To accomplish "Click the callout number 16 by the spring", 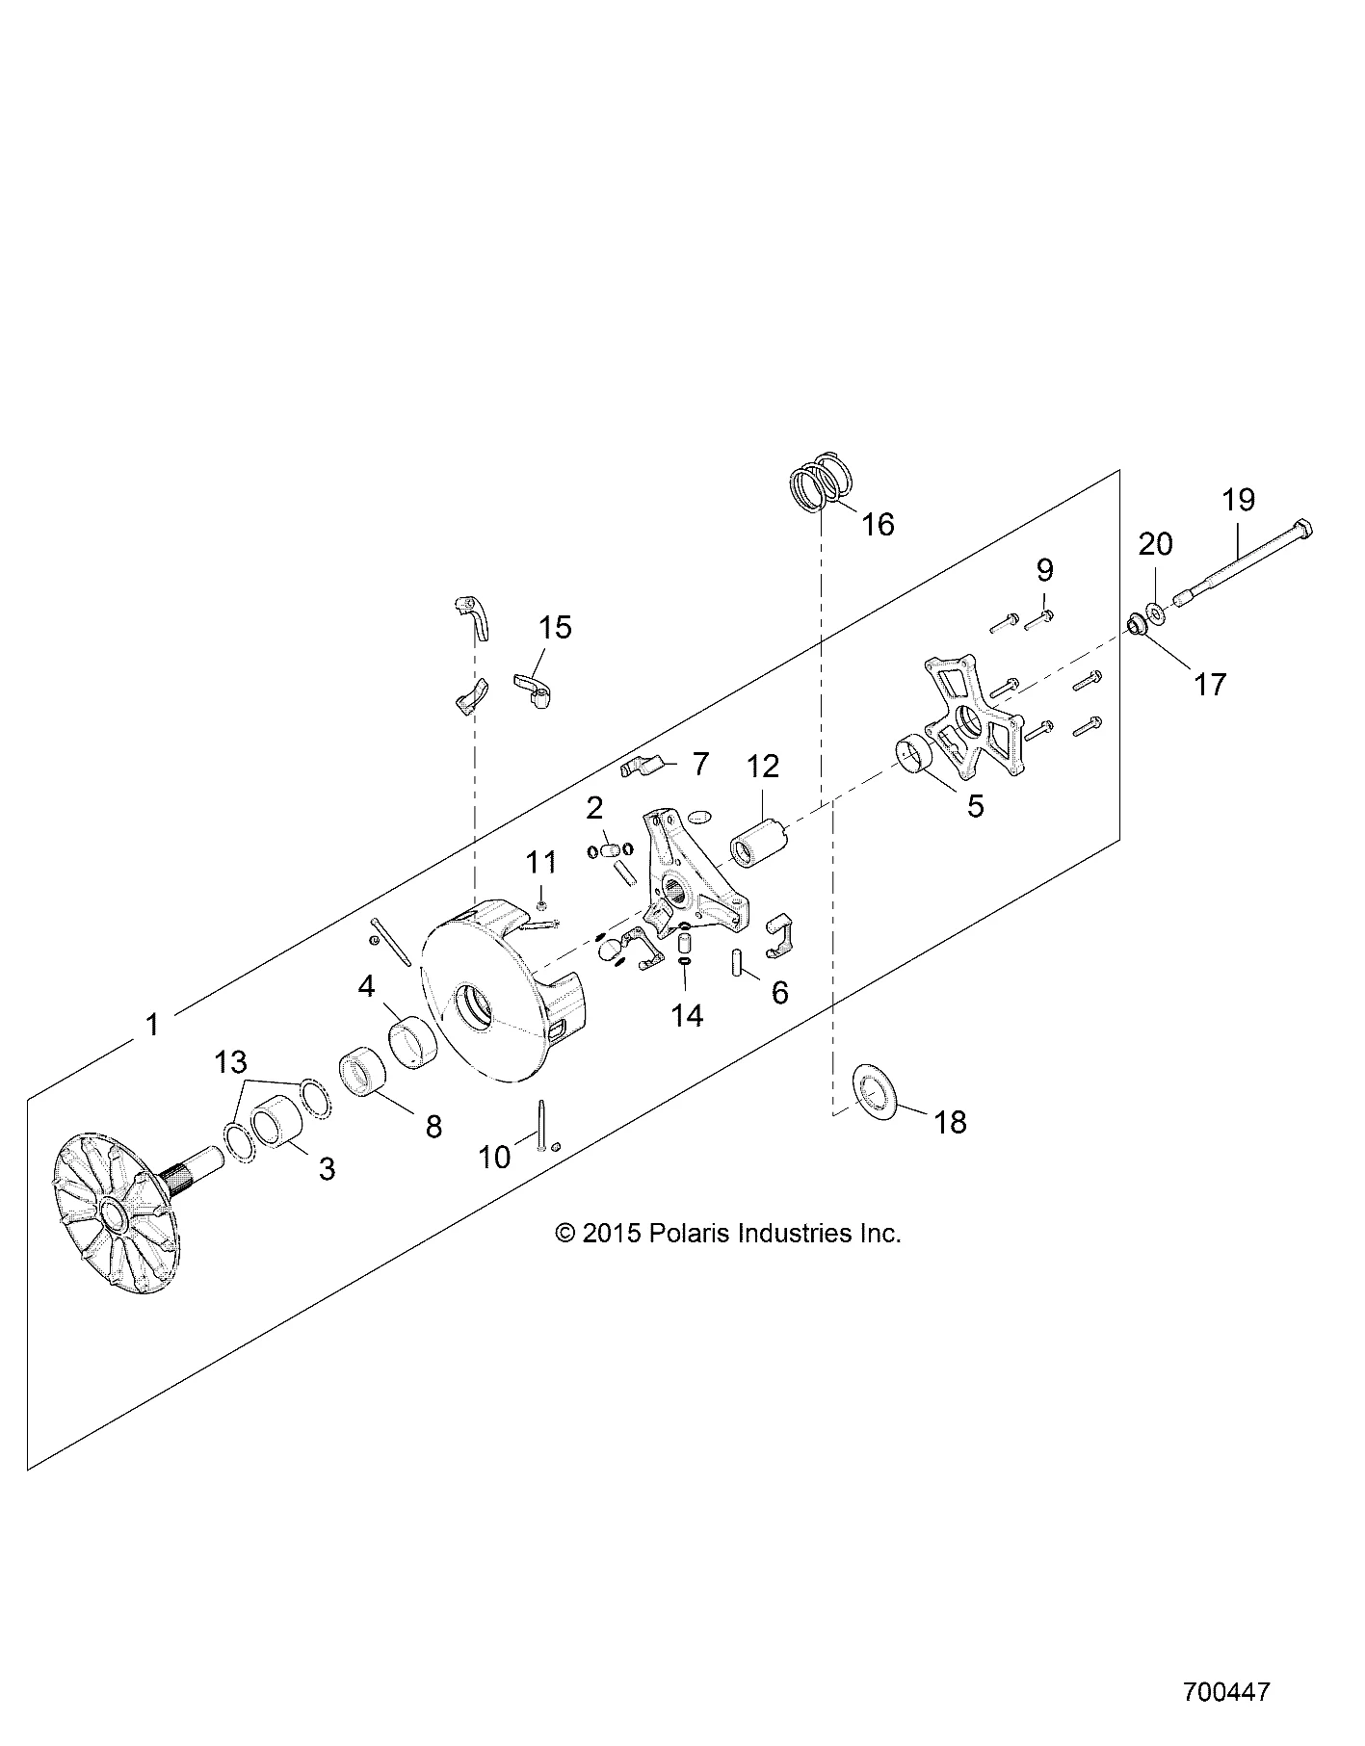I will point(879,524).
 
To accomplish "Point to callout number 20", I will point(1156,544).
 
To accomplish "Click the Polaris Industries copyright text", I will point(727,1234).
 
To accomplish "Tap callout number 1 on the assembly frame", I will point(152,1024).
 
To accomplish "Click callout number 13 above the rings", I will point(231,1062).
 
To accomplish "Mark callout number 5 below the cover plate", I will point(976,807).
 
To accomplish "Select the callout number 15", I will point(555,627).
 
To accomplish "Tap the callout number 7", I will point(700,765).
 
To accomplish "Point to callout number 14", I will point(688,1015).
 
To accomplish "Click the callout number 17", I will point(1210,685).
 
